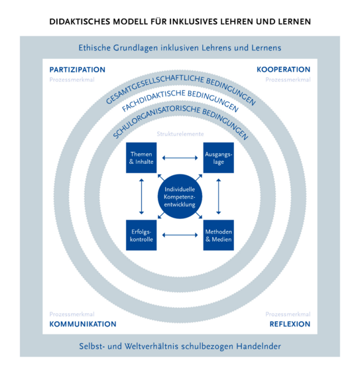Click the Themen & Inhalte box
tap(141, 157)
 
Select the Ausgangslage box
tap(218, 157)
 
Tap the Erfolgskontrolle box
tap(141, 235)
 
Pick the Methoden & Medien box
tap(218, 235)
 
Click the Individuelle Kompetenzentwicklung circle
tap(180, 196)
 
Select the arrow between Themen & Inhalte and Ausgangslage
tap(180, 158)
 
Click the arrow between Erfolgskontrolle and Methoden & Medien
tap(180, 235)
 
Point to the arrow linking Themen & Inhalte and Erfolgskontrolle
tap(141, 196)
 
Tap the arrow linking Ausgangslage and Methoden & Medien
tap(218, 196)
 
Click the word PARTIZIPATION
tap(77, 70)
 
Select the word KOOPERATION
tap(283, 69)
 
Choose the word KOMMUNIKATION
tap(83, 324)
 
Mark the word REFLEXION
tap(290, 324)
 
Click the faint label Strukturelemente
tap(180, 134)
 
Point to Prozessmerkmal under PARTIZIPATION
tap(72, 80)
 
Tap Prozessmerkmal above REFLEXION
tap(288, 314)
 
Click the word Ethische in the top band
tap(94, 48)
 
